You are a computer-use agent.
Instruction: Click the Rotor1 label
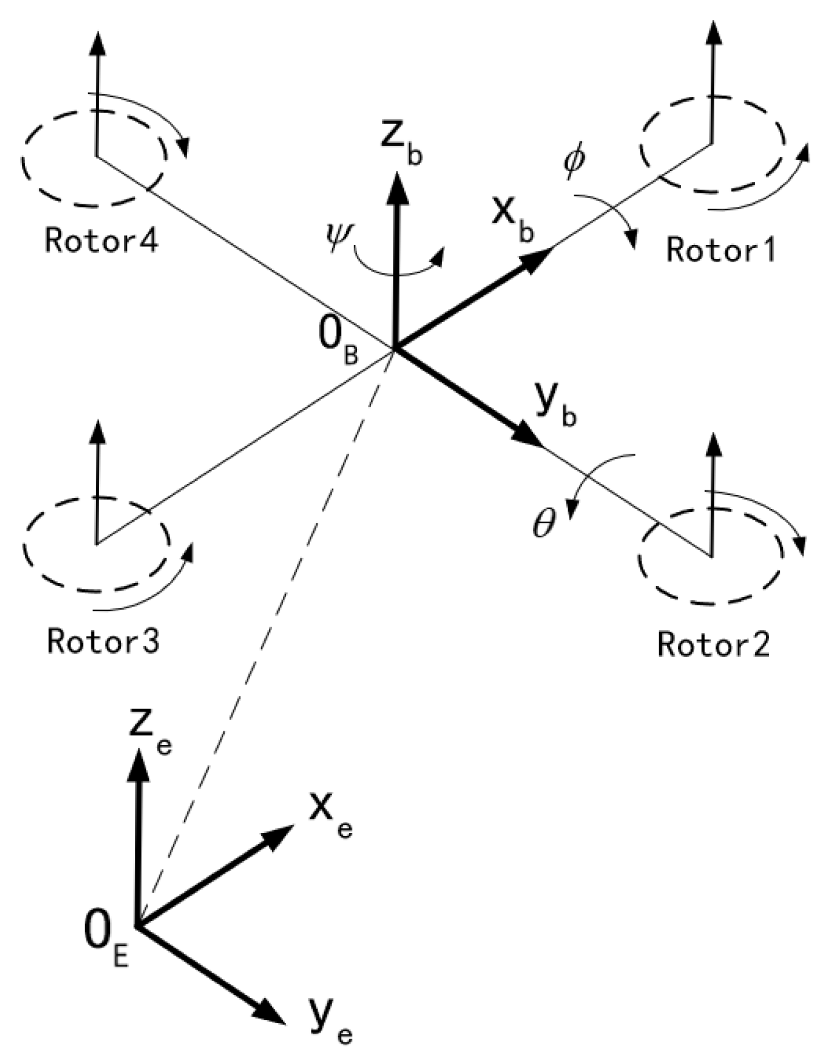point(721,249)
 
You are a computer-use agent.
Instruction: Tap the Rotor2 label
point(713,643)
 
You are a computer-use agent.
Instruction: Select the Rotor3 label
point(103,641)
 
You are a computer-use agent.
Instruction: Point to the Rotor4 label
point(101,242)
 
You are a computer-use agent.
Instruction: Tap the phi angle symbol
point(574,163)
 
